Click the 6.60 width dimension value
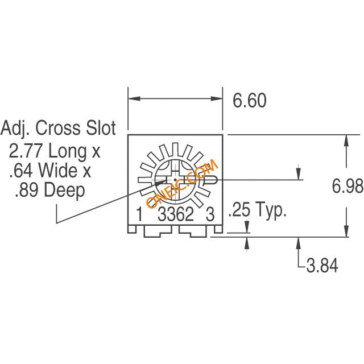250,101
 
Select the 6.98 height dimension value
348,186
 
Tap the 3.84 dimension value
322,266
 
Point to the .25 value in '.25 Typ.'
239,209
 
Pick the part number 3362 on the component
176,214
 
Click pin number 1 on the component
139,214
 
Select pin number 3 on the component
210,214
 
